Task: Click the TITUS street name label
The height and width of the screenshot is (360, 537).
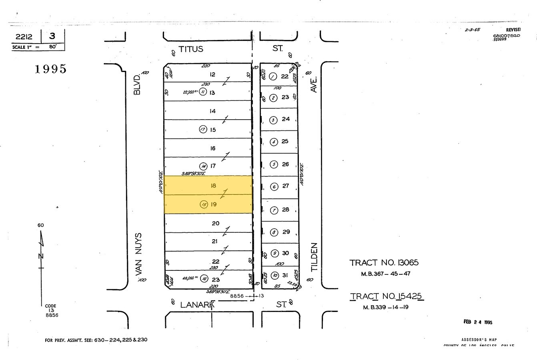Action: pos(190,49)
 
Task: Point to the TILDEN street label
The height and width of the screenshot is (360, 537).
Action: pos(314,257)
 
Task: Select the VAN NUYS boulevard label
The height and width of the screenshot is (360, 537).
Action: pos(139,254)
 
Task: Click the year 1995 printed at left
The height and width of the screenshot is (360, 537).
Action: pos(50,69)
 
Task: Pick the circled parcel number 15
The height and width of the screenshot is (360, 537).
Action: pos(204,204)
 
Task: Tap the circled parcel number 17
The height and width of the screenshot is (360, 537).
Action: pos(203,129)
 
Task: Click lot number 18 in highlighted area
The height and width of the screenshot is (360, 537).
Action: pos(213,186)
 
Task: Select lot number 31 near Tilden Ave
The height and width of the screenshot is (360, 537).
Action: pos(285,275)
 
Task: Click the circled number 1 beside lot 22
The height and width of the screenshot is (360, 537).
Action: pos(273,76)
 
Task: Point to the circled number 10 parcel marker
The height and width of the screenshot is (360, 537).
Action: pos(275,275)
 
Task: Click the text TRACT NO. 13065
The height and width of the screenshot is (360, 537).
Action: pos(384,263)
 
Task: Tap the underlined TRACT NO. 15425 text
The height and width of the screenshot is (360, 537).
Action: pos(387,296)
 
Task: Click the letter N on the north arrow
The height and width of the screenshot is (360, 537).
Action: pos(41,256)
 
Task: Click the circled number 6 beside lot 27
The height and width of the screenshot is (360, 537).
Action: pos(274,186)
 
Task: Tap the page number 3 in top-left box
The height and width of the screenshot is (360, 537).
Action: pos(52,36)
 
